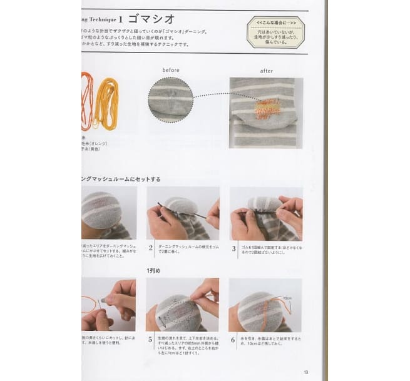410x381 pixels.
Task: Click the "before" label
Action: (x=171, y=70)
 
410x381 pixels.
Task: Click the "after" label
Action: (x=266, y=71)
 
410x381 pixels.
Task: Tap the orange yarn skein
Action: (x=87, y=100)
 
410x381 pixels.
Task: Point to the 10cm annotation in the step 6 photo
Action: (x=289, y=298)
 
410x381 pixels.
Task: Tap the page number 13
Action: (x=305, y=372)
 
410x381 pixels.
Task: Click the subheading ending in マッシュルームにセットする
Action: (x=121, y=179)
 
